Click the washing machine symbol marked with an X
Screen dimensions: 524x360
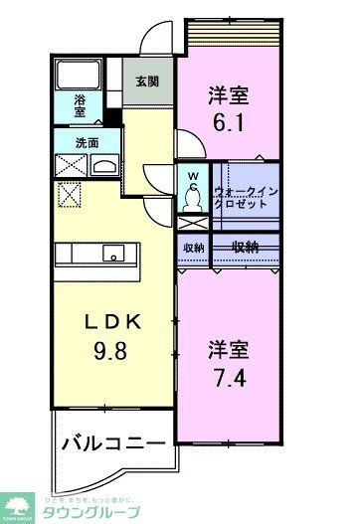[71, 165]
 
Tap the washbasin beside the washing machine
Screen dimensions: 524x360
[103, 165]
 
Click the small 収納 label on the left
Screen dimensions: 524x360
[193, 248]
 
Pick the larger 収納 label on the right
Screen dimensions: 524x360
[246, 247]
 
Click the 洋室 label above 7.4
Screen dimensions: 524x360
[229, 349]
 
